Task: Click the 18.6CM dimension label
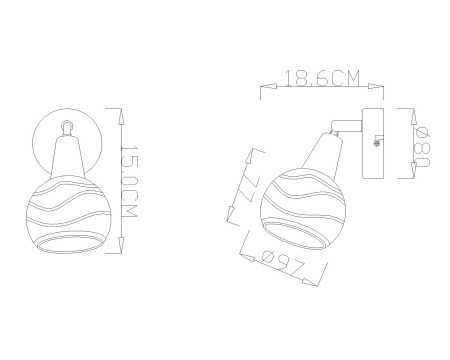(323, 78)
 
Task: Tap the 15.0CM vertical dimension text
(129, 181)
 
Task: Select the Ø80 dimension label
(422, 147)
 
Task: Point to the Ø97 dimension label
(283, 263)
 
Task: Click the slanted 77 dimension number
(248, 187)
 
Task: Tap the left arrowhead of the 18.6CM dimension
(269, 86)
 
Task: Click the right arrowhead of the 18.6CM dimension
(376, 86)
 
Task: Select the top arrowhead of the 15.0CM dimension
(121, 117)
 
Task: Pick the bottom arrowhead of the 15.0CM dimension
(121, 245)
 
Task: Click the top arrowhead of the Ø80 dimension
(414, 117)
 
